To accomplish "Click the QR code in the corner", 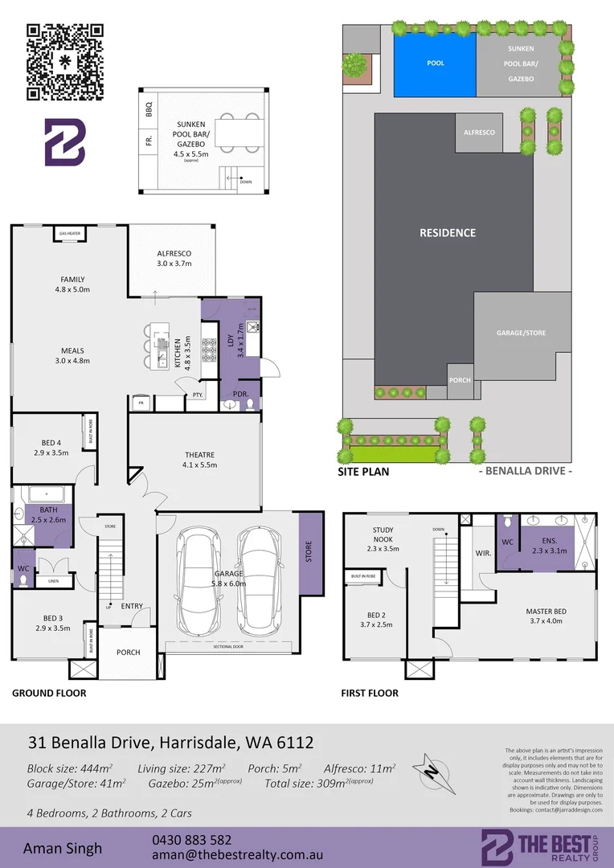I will [64, 63].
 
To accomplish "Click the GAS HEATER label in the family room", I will [68, 234].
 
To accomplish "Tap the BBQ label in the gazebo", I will [149, 110].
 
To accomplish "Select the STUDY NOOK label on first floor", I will [383, 534].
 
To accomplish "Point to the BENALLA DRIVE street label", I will [525, 471].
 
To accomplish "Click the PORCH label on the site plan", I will [460, 380].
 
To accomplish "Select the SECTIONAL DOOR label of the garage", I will [229, 645].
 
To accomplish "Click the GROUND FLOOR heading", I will [48, 692].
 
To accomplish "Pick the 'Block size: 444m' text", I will [70, 768].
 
